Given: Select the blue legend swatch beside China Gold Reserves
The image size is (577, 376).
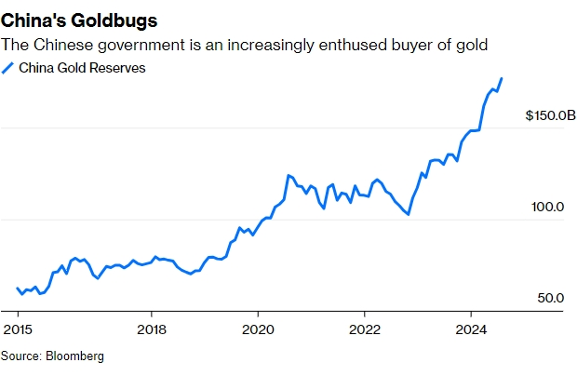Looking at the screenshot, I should [8, 67].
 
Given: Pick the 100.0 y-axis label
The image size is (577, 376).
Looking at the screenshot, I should [548, 207].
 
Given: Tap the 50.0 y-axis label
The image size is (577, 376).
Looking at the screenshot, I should [550, 298].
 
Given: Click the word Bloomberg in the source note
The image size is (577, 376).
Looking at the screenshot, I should [75, 356].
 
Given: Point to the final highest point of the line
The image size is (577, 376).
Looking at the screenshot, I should [503, 78].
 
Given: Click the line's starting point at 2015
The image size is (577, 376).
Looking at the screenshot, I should [18, 289].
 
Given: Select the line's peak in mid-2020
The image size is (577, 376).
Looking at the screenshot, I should [288, 175].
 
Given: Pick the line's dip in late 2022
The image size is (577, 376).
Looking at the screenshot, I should [409, 214].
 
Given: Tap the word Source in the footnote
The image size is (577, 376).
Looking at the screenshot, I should [20, 356].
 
